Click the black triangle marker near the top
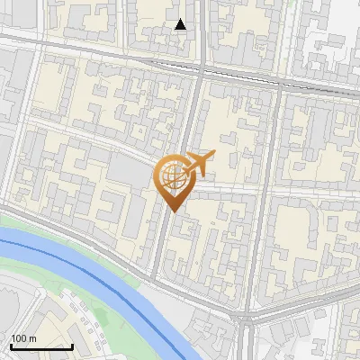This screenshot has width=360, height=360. pos(181,24)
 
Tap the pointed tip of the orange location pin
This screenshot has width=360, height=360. pos(171,211)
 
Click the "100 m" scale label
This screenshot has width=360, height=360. pos(23,337)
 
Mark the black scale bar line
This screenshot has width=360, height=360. pos(41,346)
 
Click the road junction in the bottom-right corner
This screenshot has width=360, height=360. pos(246,318)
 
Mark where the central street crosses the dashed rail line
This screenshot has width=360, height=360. pos(200,69)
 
